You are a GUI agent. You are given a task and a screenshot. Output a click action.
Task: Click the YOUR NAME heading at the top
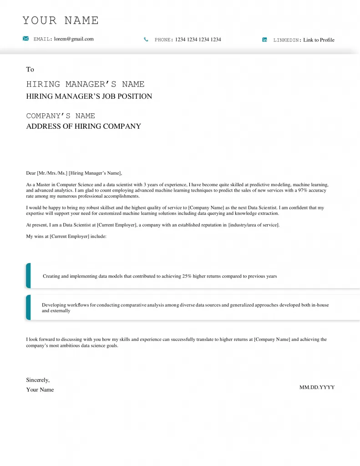click(61, 20)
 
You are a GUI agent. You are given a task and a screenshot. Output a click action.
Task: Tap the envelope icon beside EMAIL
click(26, 39)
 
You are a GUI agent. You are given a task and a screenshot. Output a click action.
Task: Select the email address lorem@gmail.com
click(74, 39)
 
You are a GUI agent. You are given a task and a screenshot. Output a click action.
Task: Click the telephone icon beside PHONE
click(146, 40)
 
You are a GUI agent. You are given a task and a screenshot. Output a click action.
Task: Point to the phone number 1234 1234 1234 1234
click(198, 40)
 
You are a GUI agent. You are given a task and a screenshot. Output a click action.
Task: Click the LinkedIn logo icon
click(265, 40)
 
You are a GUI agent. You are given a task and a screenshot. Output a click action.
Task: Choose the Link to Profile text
click(319, 40)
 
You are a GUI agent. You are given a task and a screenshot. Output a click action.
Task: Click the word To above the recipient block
click(30, 69)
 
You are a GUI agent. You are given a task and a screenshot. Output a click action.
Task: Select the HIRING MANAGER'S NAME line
click(85, 84)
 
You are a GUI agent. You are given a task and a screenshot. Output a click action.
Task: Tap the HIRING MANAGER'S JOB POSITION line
click(89, 96)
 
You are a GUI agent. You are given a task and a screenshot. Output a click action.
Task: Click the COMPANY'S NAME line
click(61, 116)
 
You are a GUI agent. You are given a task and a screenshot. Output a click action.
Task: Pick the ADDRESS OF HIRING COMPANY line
click(83, 127)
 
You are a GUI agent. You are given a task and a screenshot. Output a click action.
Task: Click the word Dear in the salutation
click(30, 173)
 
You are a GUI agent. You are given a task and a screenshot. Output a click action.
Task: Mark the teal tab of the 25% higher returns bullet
click(28, 276)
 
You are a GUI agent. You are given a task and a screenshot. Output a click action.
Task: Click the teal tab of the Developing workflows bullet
click(28, 307)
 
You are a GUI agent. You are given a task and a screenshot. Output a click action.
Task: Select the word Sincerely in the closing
click(38, 380)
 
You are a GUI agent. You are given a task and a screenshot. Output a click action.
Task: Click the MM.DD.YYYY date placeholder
click(317, 387)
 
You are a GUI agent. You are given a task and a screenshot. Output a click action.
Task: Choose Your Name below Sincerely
click(40, 390)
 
